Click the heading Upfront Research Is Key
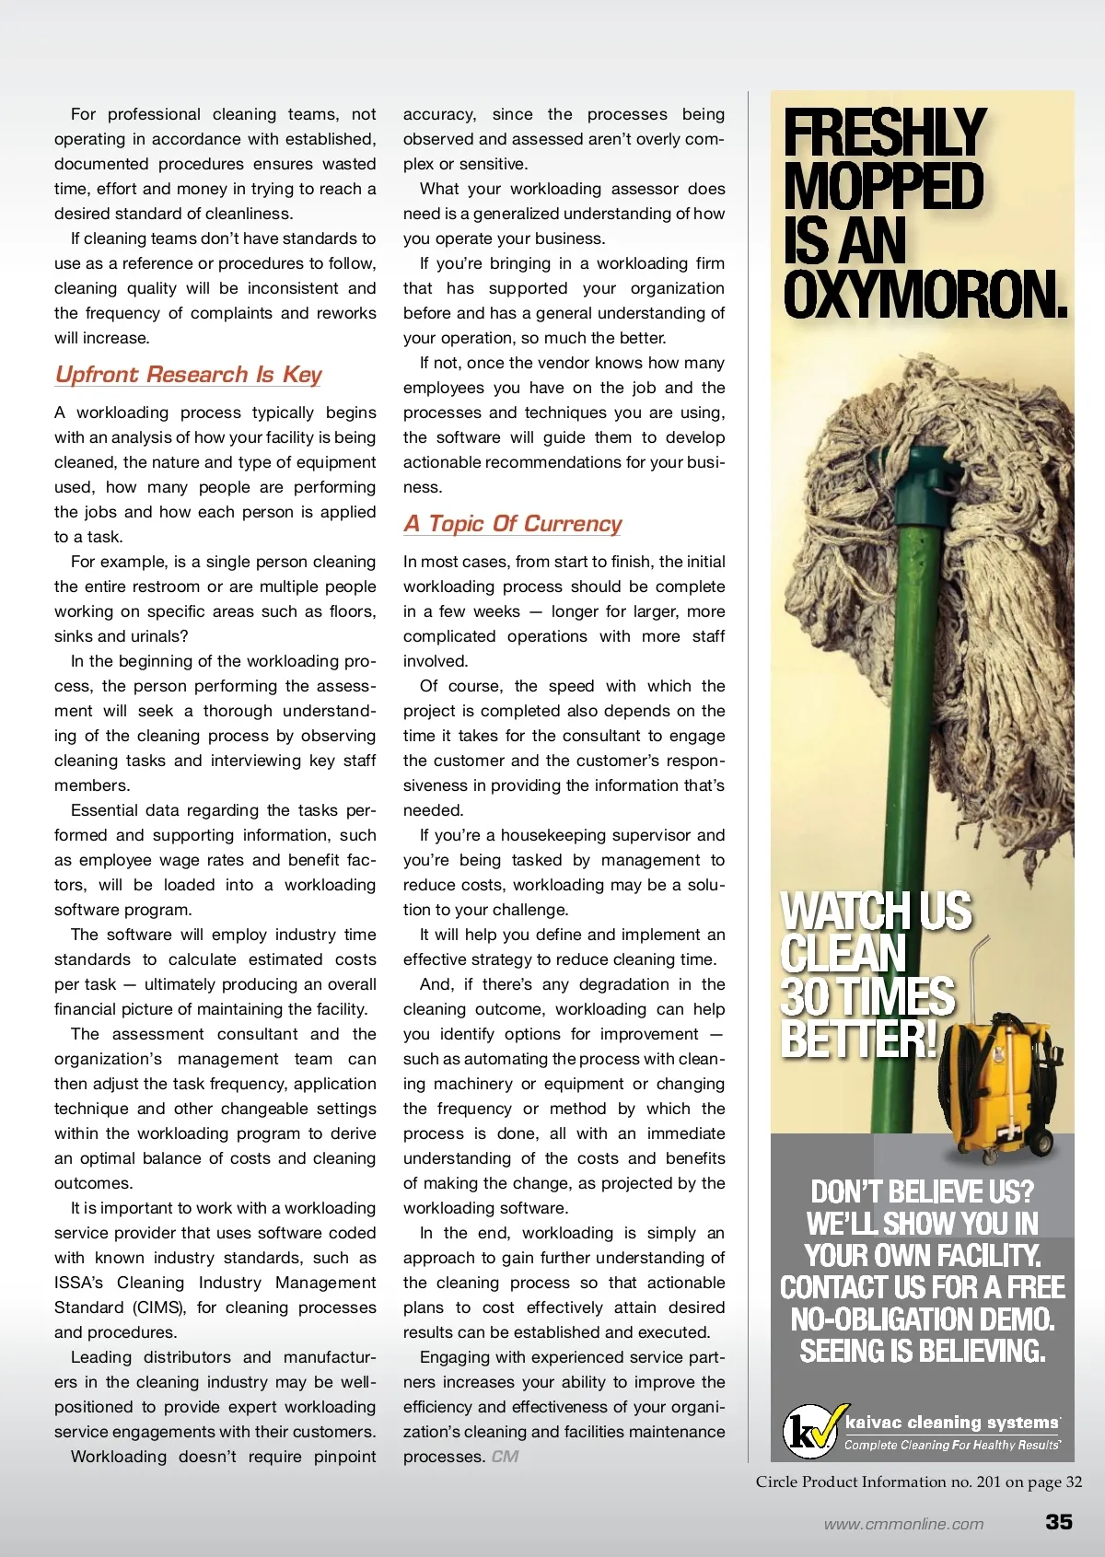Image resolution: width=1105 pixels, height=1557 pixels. [188, 375]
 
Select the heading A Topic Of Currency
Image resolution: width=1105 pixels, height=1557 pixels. [513, 524]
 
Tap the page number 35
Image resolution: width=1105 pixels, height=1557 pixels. [1058, 1521]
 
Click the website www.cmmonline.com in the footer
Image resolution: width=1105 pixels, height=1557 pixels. [903, 1524]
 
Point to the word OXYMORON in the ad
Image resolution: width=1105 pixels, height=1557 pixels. [924, 295]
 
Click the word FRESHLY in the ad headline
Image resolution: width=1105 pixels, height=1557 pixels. [884, 133]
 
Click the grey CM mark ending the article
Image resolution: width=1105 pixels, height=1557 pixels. [505, 1457]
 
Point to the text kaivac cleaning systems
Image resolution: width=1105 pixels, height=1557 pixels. [951, 1423]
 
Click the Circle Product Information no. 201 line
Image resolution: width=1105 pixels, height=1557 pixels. [918, 1481]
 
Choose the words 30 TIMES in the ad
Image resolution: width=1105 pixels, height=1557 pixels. [867, 997]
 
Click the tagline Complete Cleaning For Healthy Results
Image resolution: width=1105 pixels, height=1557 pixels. [951, 1446]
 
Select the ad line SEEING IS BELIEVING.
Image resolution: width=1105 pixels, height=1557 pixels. [922, 1351]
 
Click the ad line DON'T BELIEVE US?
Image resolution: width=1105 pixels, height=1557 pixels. [922, 1192]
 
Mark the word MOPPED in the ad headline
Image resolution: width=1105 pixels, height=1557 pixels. [883, 187]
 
